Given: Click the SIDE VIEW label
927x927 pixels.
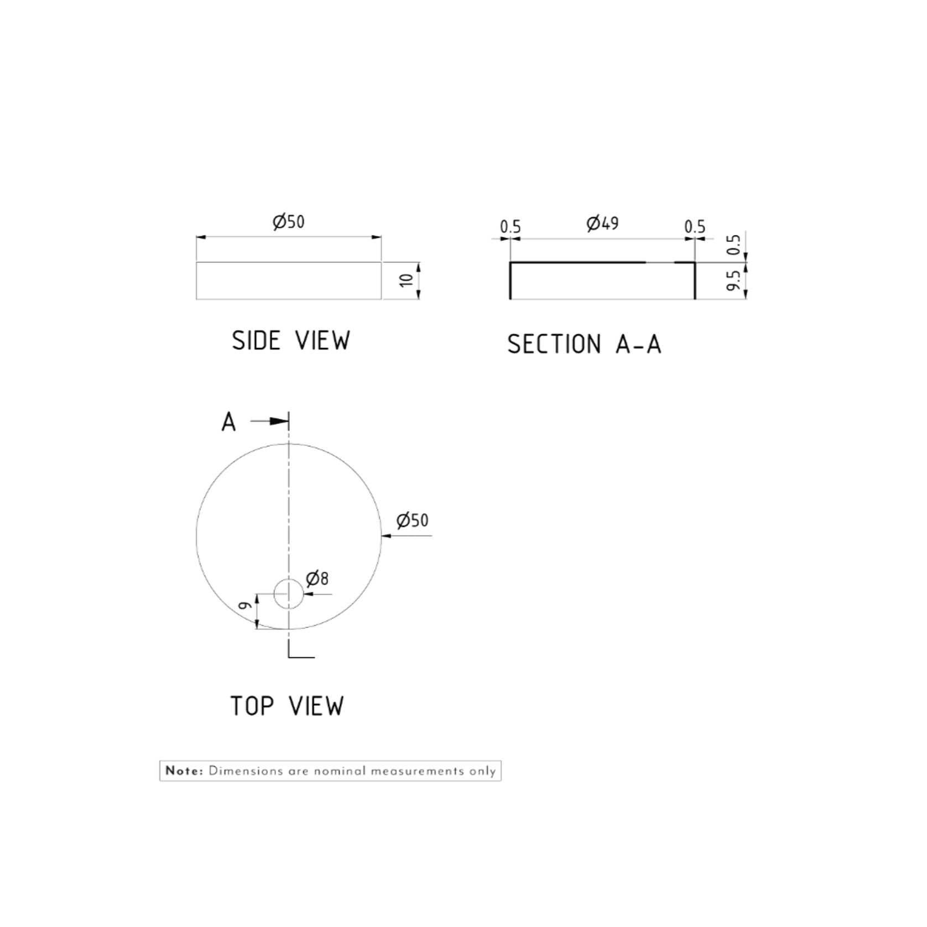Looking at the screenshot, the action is (x=291, y=341).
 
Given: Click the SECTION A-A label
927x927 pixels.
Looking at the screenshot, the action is (x=584, y=344).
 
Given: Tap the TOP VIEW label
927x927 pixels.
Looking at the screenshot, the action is (x=287, y=706).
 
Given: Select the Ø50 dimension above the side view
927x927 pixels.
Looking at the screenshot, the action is (x=289, y=222).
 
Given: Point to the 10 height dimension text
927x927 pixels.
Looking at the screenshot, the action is (x=407, y=280).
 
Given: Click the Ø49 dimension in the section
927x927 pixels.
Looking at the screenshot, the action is (x=602, y=223).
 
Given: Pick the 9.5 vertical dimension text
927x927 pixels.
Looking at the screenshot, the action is (x=734, y=280).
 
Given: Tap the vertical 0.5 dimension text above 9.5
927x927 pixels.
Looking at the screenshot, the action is (x=734, y=244).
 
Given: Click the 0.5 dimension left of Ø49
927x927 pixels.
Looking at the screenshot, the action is (x=511, y=227).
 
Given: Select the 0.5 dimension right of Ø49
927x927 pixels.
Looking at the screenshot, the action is (x=695, y=227).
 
